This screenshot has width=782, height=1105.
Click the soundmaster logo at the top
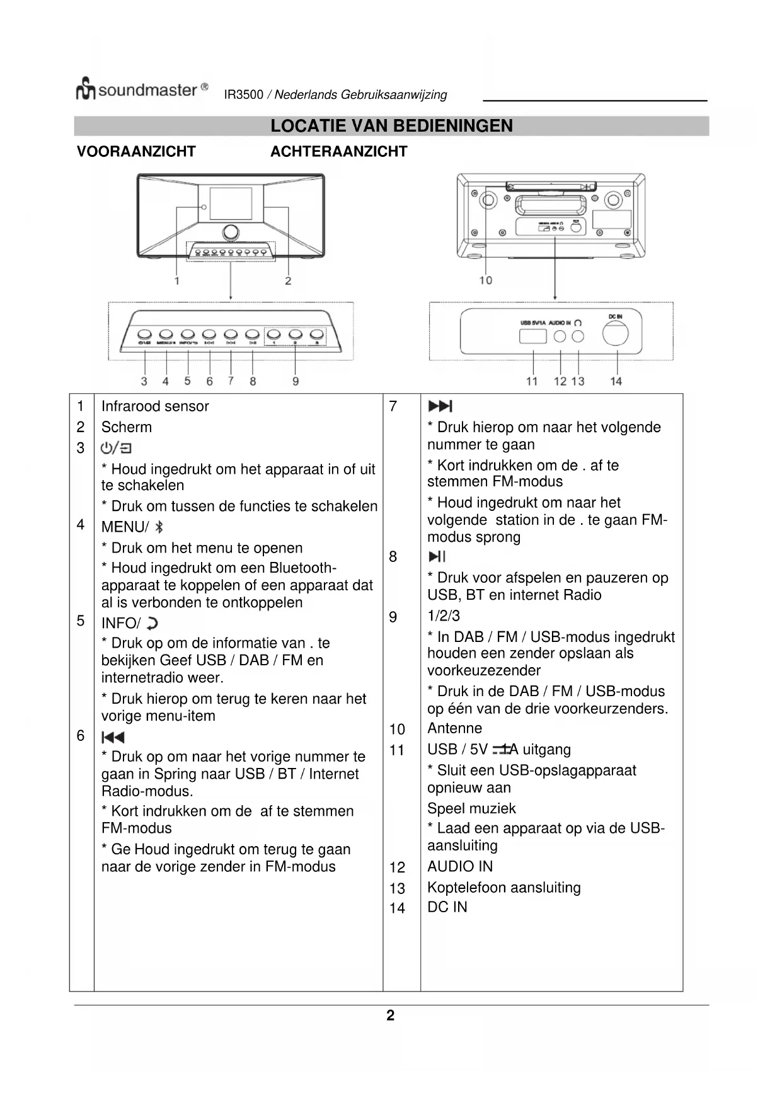click(x=141, y=89)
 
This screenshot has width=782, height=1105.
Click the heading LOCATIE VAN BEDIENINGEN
click(x=391, y=126)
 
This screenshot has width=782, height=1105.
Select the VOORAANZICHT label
click(x=136, y=152)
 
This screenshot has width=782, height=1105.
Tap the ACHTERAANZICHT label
click(x=338, y=152)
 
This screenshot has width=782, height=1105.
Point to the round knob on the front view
click(x=231, y=232)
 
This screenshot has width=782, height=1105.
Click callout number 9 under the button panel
click(x=296, y=381)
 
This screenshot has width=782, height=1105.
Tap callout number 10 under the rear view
click(x=485, y=280)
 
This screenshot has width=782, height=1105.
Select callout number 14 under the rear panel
click(x=616, y=381)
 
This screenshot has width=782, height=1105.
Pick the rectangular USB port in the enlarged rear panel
click(x=532, y=336)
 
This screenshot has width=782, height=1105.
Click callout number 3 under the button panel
click(x=144, y=381)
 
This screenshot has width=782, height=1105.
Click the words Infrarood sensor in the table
click(x=155, y=406)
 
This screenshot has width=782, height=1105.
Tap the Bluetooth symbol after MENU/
click(x=159, y=527)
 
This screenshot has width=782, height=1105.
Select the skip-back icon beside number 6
click(x=113, y=737)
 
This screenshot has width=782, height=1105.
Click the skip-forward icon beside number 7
click(x=440, y=406)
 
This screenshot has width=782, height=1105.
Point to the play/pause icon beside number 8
click(x=437, y=556)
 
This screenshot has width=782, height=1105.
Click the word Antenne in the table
click(x=454, y=728)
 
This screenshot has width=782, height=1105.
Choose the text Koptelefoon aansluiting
click(x=503, y=888)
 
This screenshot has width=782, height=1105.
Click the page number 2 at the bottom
click(x=391, y=1016)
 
